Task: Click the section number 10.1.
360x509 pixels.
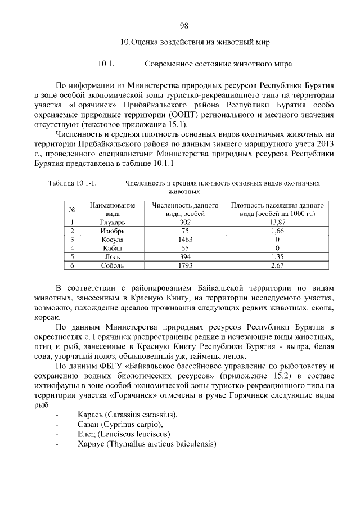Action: (x=106, y=64)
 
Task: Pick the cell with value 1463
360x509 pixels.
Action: (x=184, y=240)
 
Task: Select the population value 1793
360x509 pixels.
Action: (x=184, y=265)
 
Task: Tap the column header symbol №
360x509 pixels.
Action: (x=73, y=210)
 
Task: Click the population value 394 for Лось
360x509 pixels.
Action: (x=184, y=256)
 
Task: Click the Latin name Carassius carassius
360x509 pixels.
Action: (x=140, y=415)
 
